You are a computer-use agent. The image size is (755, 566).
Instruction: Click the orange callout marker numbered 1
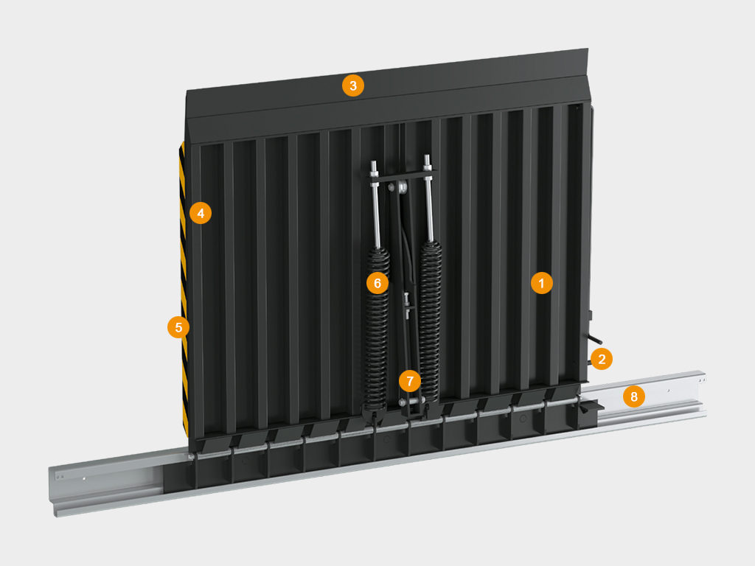click(542, 284)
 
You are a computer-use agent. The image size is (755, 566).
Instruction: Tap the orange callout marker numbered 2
click(602, 359)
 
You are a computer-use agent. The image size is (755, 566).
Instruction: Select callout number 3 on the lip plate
click(353, 85)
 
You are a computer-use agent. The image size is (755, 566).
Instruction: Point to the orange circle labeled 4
click(201, 213)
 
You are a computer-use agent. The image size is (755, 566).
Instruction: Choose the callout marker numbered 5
click(178, 327)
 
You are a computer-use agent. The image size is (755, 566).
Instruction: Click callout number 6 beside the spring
click(377, 283)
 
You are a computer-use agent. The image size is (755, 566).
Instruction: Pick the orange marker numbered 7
click(410, 381)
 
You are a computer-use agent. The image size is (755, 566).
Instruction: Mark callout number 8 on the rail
click(633, 396)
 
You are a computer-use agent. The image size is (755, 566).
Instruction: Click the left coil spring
click(375, 332)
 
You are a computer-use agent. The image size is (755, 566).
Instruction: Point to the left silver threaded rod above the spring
click(375, 205)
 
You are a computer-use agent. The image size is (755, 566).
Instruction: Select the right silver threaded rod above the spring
click(428, 198)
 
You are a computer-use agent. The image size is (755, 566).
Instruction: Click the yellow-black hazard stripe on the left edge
click(184, 289)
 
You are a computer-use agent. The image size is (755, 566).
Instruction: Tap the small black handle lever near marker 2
click(595, 340)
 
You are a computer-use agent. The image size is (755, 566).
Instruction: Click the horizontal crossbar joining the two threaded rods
click(402, 175)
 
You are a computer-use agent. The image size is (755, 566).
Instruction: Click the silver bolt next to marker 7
click(403, 402)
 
